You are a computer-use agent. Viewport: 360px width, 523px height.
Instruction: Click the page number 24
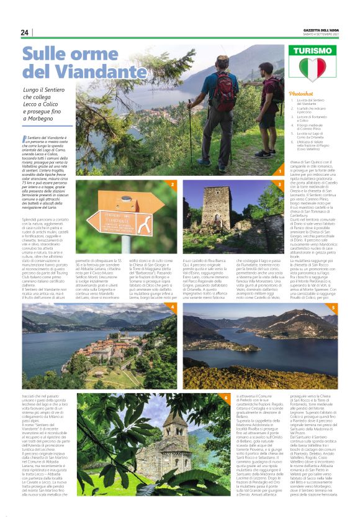point(25,33)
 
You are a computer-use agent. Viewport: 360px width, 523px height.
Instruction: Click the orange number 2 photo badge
point(173,184)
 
